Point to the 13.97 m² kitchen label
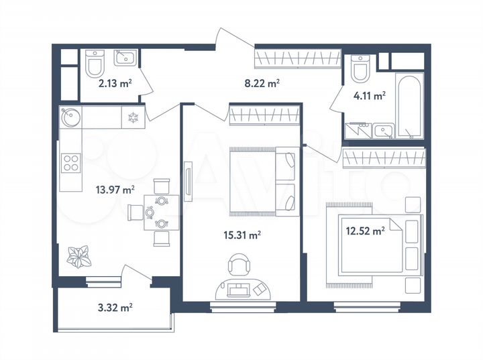(116, 190)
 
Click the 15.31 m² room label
(241, 235)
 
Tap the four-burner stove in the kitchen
(71, 162)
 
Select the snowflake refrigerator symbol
(133, 117)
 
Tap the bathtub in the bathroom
(408, 105)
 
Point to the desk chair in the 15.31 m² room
(239, 265)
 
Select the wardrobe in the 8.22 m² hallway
(295, 58)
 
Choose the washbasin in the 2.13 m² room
(124, 59)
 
